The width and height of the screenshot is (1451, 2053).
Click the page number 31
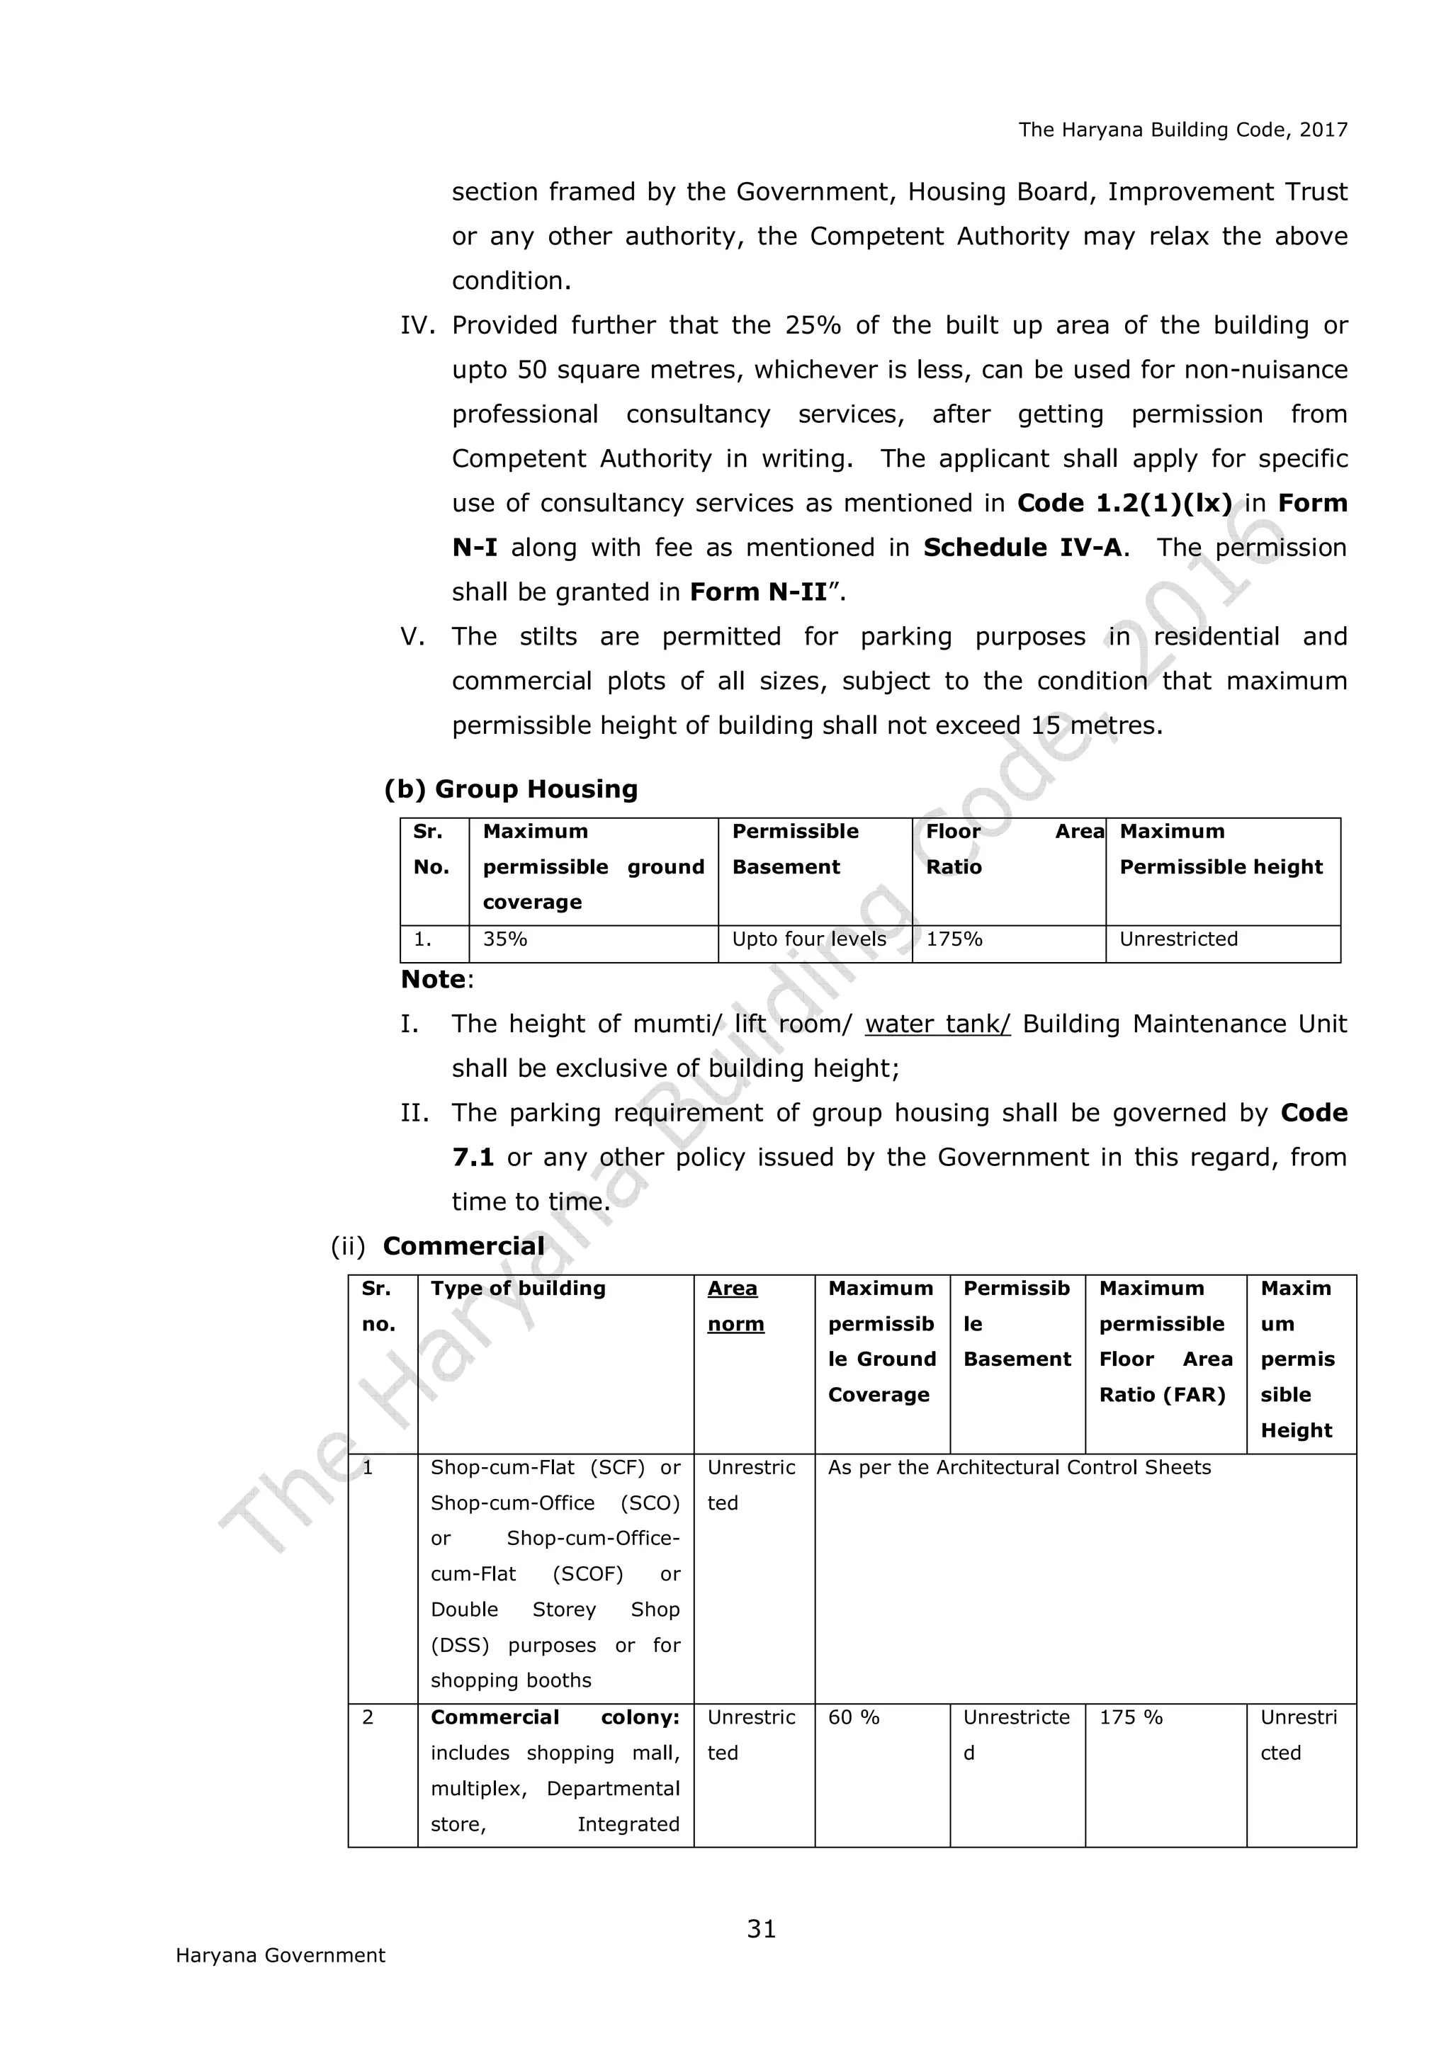(x=761, y=1929)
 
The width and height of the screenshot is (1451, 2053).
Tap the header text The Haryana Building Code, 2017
(x=1182, y=130)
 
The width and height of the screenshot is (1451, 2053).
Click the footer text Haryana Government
(x=280, y=1955)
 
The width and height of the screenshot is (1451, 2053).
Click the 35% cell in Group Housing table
(x=505, y=939)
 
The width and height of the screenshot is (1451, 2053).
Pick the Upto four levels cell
(x=809, y=939)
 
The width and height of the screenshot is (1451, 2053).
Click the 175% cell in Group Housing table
(x=954, y=939)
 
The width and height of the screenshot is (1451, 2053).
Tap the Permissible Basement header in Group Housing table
(x=795, y=849)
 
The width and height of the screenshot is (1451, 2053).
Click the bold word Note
(x=434, y=979)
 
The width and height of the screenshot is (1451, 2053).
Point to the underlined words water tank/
(x=937, y=1024)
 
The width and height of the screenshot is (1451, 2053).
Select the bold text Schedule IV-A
(x=1022, y=547)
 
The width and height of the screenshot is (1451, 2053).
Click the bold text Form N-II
(x=758, y=592)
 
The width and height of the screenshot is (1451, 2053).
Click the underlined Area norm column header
(x=735, y=1306)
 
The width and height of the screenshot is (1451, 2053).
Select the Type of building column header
(x=518, y=1289)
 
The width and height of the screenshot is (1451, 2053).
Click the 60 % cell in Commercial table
(x=854, y=1718)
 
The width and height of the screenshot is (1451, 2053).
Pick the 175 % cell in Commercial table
(x=1130, y=1718)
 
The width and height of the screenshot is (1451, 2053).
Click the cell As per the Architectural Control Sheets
(x=1020, y=1467)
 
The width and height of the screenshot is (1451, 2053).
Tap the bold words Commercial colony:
(x=554, y=1718)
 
